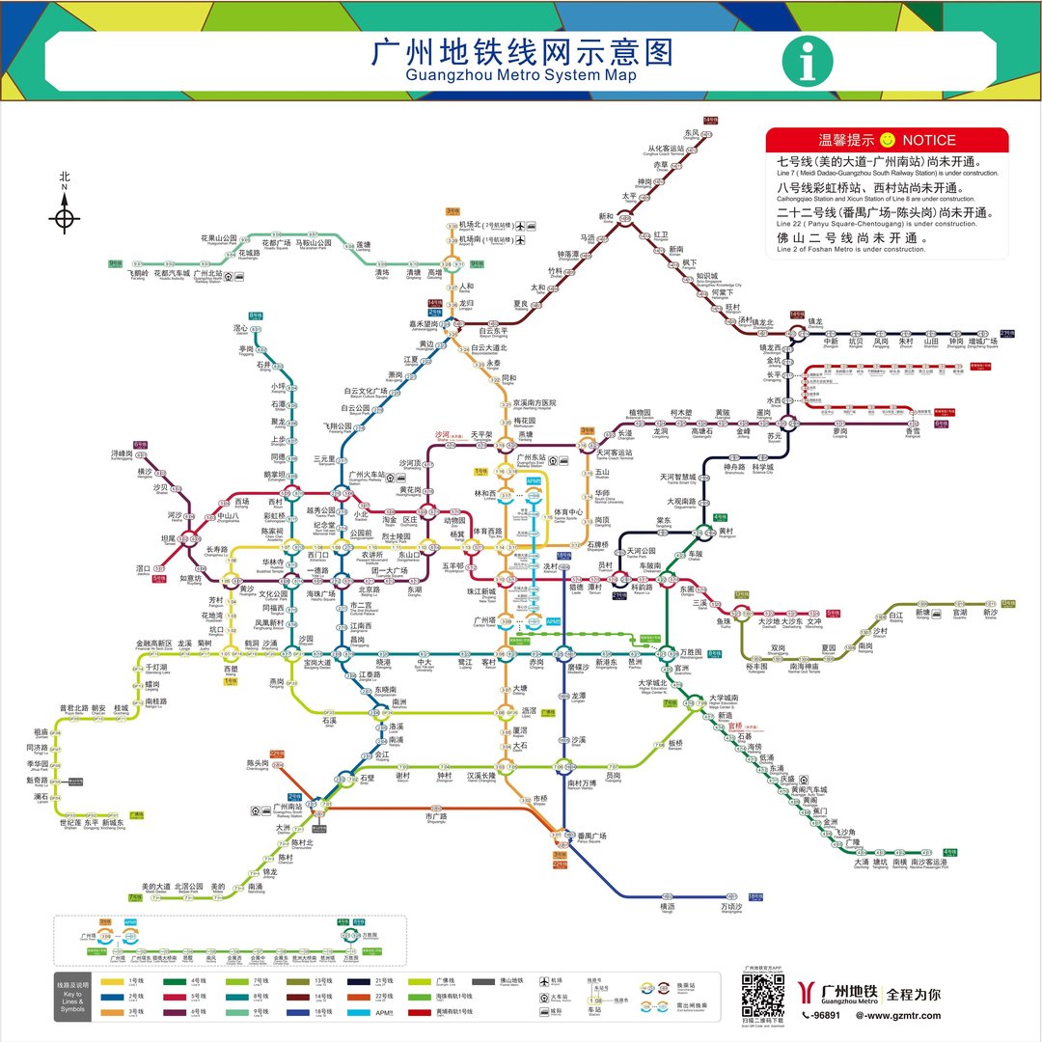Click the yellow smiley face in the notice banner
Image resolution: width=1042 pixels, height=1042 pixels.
889,140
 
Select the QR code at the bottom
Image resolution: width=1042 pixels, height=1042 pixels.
762,995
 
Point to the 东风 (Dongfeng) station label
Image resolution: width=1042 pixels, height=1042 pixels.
692,133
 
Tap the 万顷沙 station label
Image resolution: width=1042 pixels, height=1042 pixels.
732,906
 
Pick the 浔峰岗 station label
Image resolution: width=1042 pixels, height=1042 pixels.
122,453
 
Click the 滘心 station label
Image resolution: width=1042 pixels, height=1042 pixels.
241,328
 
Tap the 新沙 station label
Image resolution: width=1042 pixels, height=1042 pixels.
990,612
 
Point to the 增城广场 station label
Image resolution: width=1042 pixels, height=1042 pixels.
983,341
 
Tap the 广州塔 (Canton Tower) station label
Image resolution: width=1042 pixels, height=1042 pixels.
483,619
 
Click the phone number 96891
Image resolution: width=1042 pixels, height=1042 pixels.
826,1015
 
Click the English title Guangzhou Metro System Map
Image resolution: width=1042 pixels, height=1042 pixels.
521,74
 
